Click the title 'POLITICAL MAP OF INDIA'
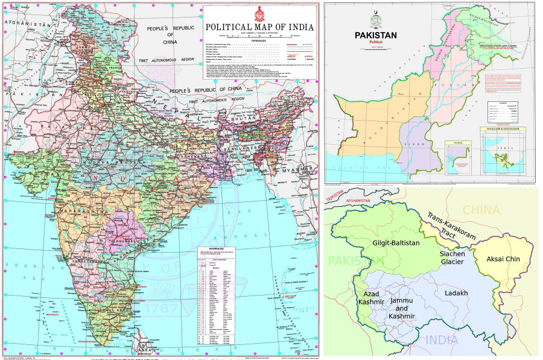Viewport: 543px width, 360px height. (259, 27)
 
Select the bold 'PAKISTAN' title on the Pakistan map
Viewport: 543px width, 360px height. (375, 36)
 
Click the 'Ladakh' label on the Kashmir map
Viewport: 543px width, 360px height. (456, 293)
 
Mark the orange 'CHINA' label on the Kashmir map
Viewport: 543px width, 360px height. (481, 210)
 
